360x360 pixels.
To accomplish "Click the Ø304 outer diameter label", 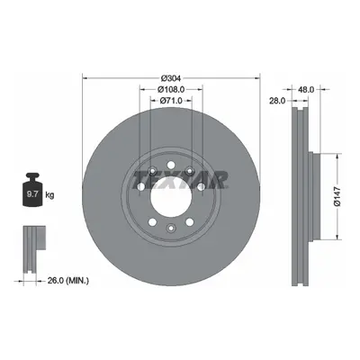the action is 171,78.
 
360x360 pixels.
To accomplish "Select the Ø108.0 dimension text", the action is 171,89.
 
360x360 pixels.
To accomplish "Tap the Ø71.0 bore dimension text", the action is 171,101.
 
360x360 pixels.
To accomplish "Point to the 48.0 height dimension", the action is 306,89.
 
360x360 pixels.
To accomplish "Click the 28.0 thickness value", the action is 277,101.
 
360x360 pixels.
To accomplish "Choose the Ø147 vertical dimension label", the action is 337,196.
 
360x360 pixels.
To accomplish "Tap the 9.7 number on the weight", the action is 32,194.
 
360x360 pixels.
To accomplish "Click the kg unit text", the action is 49,195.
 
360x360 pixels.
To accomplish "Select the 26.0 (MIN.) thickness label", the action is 68,281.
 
